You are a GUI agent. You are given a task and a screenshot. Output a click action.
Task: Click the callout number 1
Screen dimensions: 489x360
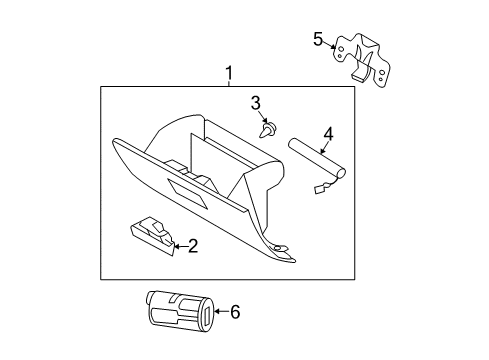(x=229, y=73)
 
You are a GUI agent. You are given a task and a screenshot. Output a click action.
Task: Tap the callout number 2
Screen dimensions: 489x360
(x=193, y=246)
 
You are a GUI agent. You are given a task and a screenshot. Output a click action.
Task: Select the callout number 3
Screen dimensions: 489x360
(x=255, y=103)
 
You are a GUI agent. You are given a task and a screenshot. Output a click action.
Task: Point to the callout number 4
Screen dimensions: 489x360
(x=328, y=134)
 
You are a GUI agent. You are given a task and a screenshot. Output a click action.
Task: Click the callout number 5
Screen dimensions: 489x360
(x=318, y=39)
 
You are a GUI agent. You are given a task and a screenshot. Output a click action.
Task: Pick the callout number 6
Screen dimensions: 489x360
(x=235, y=312)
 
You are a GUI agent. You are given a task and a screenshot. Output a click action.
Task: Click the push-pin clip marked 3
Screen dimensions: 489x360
(x=268, y=130)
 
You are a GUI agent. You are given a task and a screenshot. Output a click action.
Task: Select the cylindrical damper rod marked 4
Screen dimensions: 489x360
(x=316, y=158)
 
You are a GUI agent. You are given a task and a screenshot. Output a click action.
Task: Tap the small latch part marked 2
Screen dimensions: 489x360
(x=152, y=236)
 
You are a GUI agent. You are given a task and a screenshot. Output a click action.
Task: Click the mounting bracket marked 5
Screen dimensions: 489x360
(x=362, y=61)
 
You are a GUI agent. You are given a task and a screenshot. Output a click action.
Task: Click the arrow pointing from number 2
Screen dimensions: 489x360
(x=181, y=247)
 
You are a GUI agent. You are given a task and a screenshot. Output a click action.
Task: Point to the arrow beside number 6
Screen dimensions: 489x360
(x=222, y=312)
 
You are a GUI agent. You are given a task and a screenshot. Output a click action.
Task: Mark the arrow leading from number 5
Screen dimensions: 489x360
(x=330, y=45)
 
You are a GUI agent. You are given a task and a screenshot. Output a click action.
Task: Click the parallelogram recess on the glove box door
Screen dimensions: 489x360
(x=187, y=194)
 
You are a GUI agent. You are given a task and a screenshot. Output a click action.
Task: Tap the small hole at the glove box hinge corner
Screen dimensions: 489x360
(x=279, y=248)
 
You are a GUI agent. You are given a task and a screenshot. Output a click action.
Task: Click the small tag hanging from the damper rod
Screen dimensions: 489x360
(x=320, y=189)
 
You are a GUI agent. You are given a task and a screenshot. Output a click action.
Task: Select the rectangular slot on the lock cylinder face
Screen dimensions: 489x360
(x=207, y=314)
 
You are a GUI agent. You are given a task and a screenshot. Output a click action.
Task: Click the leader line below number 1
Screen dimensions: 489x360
(x=229, y=83)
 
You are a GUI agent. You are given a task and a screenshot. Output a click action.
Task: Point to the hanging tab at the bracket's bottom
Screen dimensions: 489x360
(x=359, y=75)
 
